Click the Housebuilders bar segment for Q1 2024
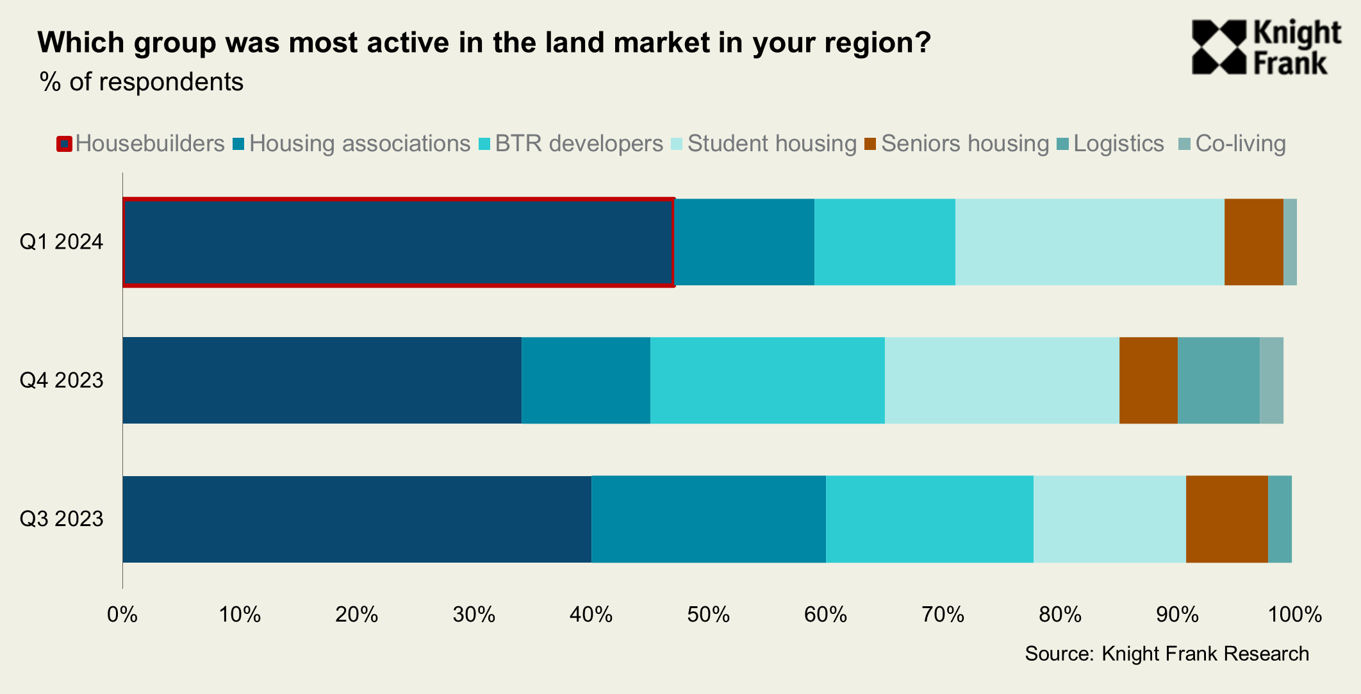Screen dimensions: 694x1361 [x=398, y=242]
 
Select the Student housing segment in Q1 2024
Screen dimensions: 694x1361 [x=1089, y=242]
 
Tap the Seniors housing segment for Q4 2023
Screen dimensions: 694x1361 [x=1148, y=380]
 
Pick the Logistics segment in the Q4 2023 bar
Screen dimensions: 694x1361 [x=1218, y=380]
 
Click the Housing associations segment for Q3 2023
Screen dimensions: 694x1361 [x=708, y=519]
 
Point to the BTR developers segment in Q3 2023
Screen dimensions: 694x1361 [x=929, y=519]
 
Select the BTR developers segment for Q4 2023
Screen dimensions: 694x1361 [x=767, y=380]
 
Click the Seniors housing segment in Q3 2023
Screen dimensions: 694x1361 [x=1226, y=519]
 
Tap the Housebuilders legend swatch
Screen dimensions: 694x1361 [x=64, y=144]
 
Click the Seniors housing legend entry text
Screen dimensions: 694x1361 [x=964, y=144]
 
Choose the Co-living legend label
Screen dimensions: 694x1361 [x=1241, y=144]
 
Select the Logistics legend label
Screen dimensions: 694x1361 [x=1118, y=144]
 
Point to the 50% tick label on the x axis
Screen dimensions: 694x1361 [x=708, y=615]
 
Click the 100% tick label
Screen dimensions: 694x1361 [x=1295, y=615]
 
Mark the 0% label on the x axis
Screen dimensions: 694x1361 [x=122, y=615]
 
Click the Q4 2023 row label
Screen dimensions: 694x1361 [x=62, y=380]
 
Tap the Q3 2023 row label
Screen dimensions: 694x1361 [x=62, y=518]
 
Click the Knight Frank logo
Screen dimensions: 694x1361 [x=1266, y=47]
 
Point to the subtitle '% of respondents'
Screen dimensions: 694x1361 [x=142, y=82]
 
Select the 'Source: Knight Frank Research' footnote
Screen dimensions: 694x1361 [x=1167, y=654]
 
